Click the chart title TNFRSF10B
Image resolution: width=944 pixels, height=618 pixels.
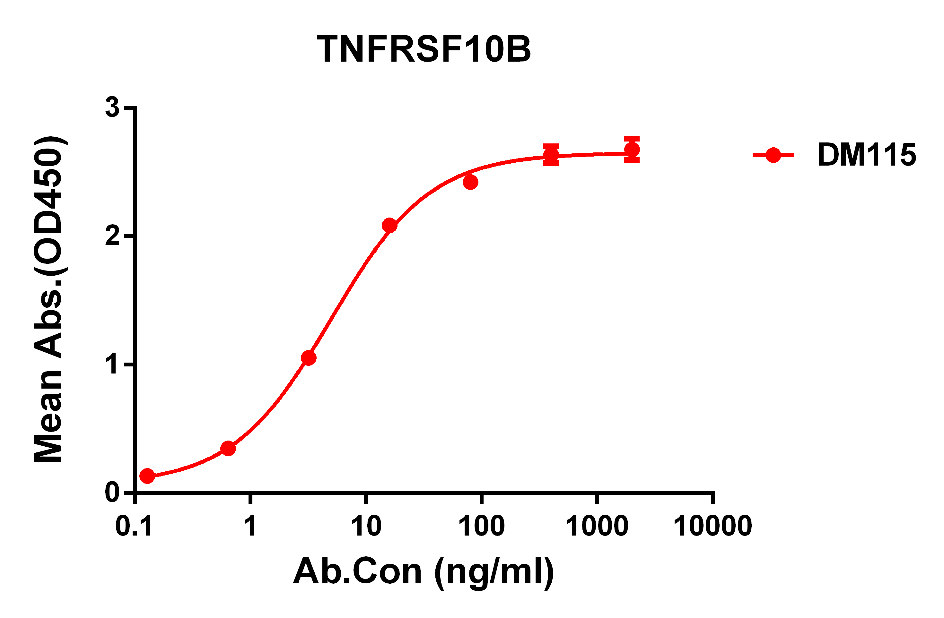click(424, 49)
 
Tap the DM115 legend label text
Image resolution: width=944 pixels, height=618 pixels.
click(867, 155)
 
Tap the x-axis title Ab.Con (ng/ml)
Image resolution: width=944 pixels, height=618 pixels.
click(423, 571)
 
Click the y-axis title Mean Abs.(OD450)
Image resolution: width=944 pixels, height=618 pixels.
click(48, 299)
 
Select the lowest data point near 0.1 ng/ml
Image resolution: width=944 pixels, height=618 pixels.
click(147, 476)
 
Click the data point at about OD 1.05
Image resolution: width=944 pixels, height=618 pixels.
click(309, 358)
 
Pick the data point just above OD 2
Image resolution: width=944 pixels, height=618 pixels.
click(389, 226)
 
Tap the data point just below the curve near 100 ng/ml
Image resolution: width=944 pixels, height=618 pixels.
click(470, 182)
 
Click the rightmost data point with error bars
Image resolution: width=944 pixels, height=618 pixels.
click(632, 150)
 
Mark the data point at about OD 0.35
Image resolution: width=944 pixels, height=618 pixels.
click(228, 448)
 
